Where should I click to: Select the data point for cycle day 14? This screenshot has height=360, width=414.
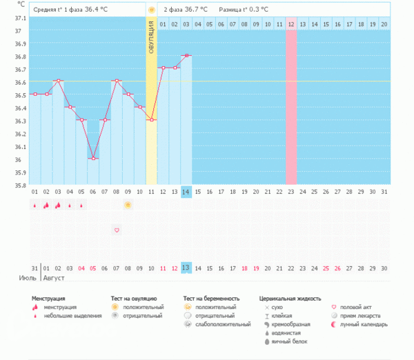coord(186,55)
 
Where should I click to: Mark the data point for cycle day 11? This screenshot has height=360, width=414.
coord(151,120)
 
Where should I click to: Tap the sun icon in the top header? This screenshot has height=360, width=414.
coord(151,10)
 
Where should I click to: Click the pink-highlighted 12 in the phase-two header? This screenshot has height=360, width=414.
coord(291,24)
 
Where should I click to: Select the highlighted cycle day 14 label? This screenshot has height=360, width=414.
coord(186,192)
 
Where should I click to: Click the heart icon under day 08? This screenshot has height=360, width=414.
coord(117,230)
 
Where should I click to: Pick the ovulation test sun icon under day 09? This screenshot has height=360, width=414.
coord(128,205)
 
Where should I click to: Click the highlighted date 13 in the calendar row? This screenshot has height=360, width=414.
coord(186,268)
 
